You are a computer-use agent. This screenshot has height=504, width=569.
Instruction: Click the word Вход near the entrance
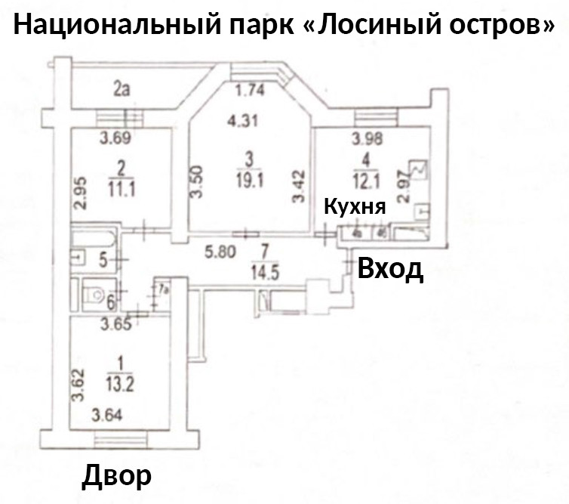(x=389, y=268)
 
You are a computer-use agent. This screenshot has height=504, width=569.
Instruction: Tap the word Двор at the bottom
(x=116, y=475)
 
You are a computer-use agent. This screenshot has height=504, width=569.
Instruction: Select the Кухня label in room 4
(x=355, y=207)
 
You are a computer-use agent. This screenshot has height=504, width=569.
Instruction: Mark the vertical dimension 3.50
(x=196, y=181)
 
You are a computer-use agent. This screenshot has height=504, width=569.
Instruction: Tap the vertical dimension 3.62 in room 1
(x=77, y=385)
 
